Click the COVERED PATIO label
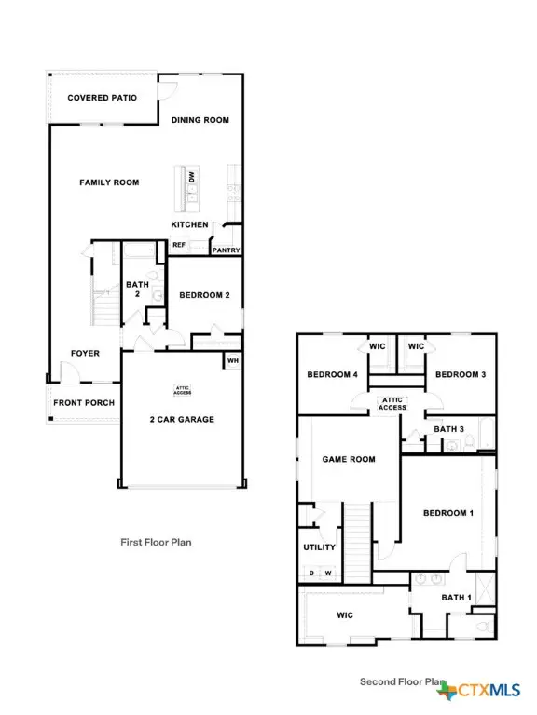coord(103,97)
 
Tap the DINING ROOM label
coord(200,120)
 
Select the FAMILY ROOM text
coord(109,182)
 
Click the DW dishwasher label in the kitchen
coord(191,176)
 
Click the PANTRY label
coord(227,250)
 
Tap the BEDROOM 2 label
coord(204,296)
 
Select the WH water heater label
coord(232,360)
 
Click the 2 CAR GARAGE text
coord(181,419)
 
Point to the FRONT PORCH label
coord(84,402)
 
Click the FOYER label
coord(86,353)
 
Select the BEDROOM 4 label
coord(333,374)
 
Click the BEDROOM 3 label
coord(461,374)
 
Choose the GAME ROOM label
coord(348,459)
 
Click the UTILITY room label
coord(319,547)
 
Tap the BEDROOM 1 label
coord(448,513)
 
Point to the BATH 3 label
coord(449,428)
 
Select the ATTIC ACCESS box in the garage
coord(183,389)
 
